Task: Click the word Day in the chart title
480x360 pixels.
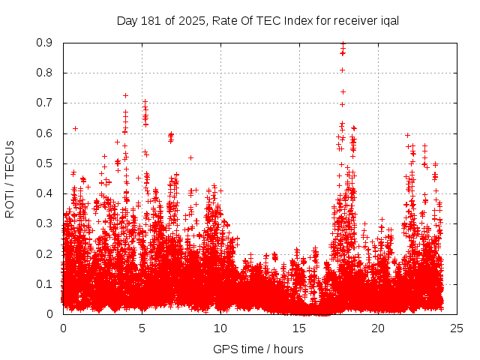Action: [x=127, y=20]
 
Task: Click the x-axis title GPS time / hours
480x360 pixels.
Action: [x=258, y=349]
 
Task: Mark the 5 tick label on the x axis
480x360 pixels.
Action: [x=142, y=328]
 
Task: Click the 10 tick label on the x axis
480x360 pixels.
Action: [x=220, y=328]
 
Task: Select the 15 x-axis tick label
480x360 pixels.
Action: [x=299, y=328]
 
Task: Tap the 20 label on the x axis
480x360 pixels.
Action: [x=378, y=328]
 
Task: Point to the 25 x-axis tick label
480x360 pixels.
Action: [x=457, y=328]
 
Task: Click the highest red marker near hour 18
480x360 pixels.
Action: [x=343, y=43]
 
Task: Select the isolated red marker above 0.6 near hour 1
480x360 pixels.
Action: [x=75, y=128]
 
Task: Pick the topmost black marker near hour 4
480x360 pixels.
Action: [x=125, y=95]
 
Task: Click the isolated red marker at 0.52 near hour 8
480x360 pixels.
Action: [x=191, y=157]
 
